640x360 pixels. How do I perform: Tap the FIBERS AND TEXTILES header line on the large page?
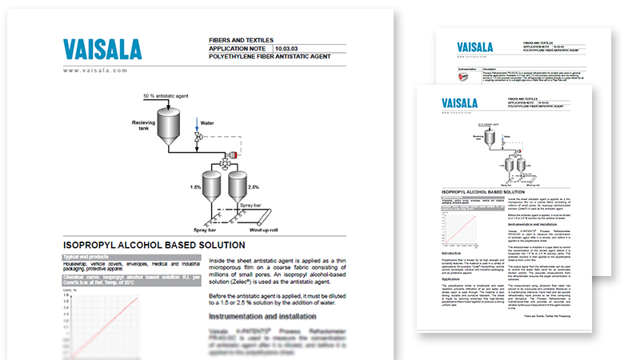[x=241, y=38]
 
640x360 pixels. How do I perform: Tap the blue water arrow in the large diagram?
[x=197, y=126]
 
